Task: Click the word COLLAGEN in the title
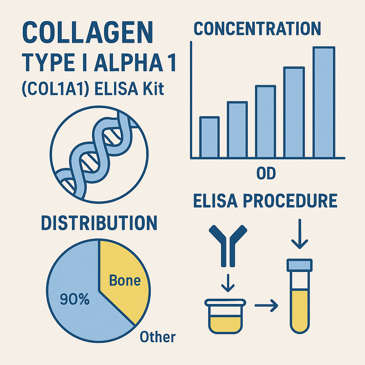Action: click(x=88, y=32)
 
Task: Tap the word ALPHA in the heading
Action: click(x=128, y=63)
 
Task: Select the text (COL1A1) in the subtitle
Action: click(x=55, y=89)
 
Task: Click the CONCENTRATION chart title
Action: click(x=257, y=29)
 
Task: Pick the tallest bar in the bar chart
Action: click(x=324, y=102)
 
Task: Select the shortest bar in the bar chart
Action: click(x=210, y=137)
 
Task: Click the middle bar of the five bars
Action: click(x=266, y=122)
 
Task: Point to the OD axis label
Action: click(x=266, y=173)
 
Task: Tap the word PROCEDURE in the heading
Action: click(x=290, y=201)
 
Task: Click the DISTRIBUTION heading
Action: click(x=99, y=223)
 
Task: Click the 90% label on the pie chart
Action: click(x=75, y=299)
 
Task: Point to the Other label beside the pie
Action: click(x=158, y=336)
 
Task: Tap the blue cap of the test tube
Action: click(x=299, y=265)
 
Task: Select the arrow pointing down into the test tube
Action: click(x=299, y=234)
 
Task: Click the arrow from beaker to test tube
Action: click(x=266, y=305)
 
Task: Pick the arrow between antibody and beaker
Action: click(x=228, y=283)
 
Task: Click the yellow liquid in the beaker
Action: click(x=225, y=324)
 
